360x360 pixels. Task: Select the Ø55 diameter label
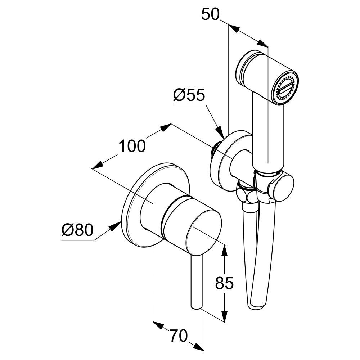tap(189, 95)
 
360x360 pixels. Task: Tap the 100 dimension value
tap(132, 147)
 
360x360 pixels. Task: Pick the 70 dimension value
tap(179, 337)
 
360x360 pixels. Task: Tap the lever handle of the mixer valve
tap(197, 281)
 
